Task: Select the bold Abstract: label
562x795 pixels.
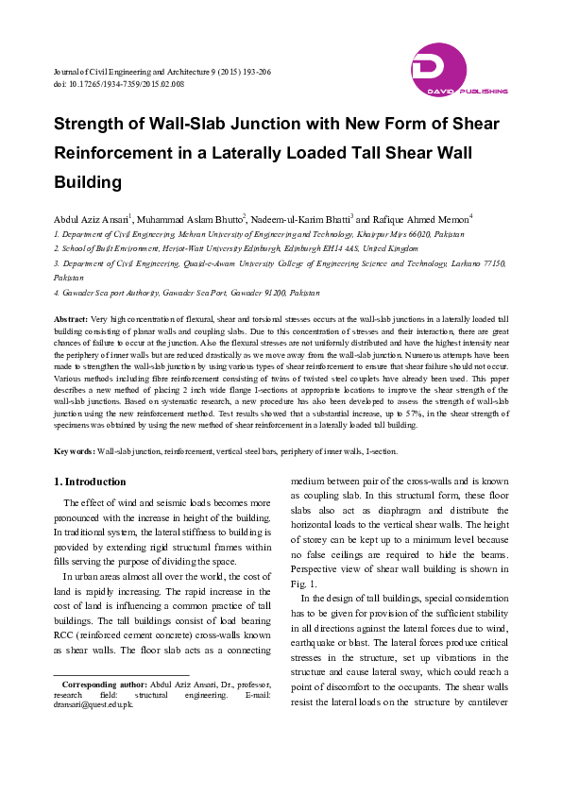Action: (x=71, y=321)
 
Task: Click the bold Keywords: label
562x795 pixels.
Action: (x=74, y=452)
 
